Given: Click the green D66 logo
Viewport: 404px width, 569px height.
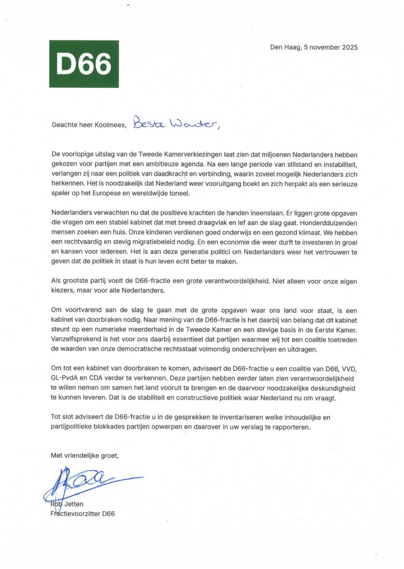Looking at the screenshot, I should [x=84, y=64].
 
